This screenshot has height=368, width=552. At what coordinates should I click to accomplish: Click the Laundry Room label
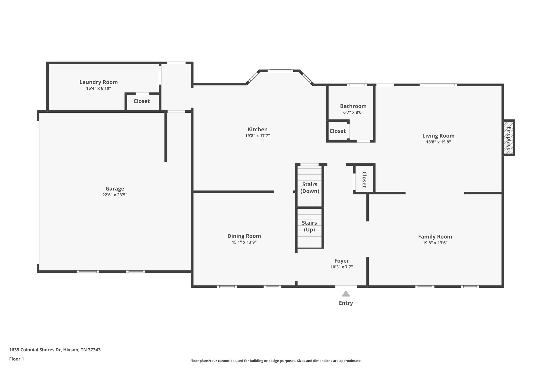pos(98,82)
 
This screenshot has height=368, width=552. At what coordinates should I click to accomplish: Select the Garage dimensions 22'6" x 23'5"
pos(115,195)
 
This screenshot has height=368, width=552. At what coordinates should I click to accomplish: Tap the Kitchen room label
pos(257,129)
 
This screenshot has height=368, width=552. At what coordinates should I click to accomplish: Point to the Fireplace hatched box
pos(509,137)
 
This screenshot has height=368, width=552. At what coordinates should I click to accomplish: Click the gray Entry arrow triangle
pos(346,294)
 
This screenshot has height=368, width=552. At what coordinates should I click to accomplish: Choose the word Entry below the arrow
pos(346,303)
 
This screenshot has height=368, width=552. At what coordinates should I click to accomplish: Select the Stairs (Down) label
pos(310,188)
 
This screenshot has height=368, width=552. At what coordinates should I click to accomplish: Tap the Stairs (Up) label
pos(309,226)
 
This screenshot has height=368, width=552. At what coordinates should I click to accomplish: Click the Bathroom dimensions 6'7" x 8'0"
pos(353,112)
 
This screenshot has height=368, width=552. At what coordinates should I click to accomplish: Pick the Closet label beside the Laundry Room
pos(142,101)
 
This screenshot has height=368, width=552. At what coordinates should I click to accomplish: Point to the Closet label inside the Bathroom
pos(337,131)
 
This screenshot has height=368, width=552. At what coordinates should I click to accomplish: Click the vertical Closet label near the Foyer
pos(364,180)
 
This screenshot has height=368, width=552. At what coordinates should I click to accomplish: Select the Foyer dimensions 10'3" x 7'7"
pos(341,267)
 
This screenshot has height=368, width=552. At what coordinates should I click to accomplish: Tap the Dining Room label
pos(244,236)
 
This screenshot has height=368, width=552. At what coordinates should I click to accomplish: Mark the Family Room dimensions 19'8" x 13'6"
pos(435,243)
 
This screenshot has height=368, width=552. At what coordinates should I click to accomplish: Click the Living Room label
pos(438,136)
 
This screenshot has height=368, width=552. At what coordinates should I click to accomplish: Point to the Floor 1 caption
pos(16,359)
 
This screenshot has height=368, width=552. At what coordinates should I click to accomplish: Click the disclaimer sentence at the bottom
pos(276,361)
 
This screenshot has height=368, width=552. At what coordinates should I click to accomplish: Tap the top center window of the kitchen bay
pos(280,71)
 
